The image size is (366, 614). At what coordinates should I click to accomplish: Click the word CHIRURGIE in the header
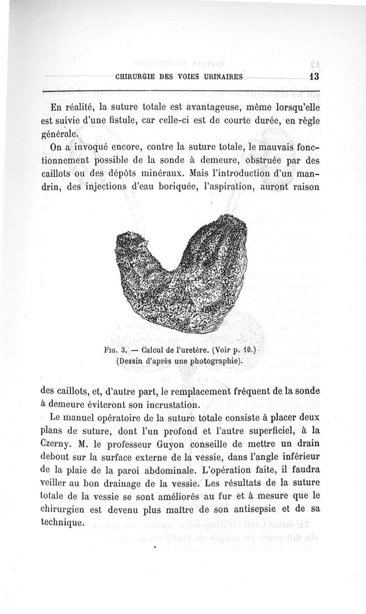click(134, 77)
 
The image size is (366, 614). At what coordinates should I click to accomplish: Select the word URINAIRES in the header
click(221, 77)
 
